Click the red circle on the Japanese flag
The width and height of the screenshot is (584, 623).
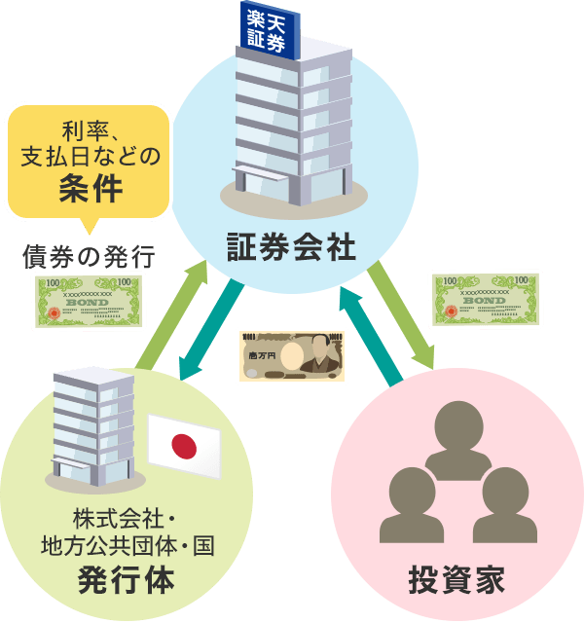(x=184, y=447)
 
